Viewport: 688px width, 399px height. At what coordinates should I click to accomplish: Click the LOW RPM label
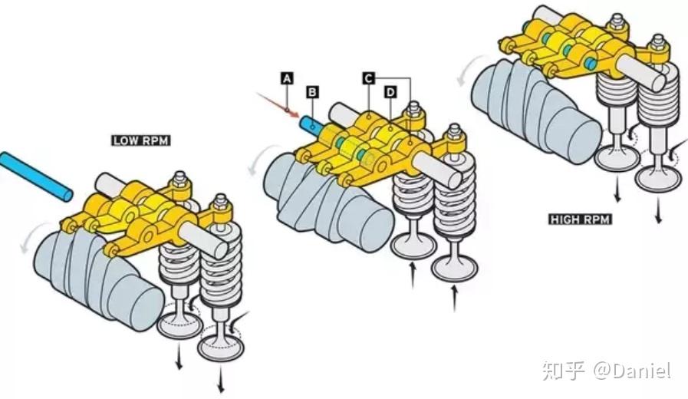pos(140,140)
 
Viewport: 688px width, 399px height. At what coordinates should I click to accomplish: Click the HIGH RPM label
pos(581,219)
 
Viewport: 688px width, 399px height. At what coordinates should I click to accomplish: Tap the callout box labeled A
pos(287,78)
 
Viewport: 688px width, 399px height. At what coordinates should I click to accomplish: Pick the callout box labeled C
pos(368,78)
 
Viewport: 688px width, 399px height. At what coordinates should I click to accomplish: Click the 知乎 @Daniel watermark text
pos(606,371)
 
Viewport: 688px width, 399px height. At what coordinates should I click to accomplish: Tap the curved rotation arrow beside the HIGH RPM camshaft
pos(465,74)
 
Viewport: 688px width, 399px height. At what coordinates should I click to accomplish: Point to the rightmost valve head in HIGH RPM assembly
pos(658,179)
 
